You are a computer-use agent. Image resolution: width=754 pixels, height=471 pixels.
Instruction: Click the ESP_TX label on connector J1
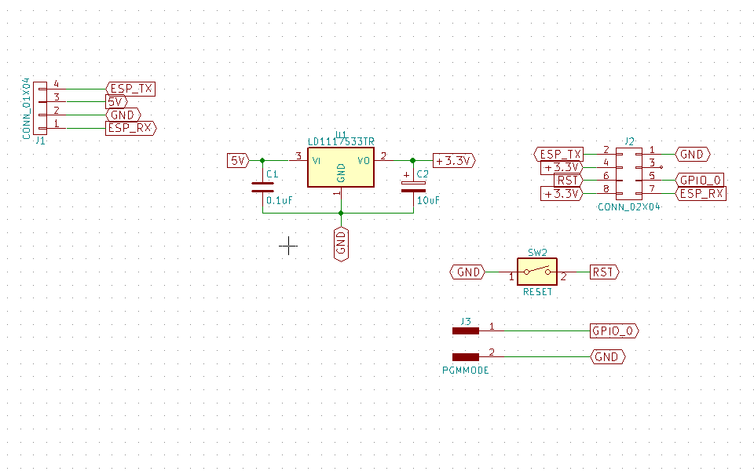click(x=130, y=89)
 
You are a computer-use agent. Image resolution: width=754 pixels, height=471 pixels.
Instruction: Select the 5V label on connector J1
click(x=115, y=102)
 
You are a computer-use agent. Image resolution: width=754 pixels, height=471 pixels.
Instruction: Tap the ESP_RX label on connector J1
click(x=130, y=127)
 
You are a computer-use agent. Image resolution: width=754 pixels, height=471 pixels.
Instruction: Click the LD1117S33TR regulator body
click(x=340, y=170)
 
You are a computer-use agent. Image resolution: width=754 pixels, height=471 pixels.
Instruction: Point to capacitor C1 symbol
click(x=262, y=187)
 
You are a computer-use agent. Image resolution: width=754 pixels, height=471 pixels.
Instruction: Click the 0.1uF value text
click(x=280, y=201)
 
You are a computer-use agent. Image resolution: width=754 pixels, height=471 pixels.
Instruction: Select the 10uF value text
click(x=428, y=201)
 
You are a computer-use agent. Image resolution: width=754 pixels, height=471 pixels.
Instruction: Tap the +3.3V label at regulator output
click(x=454, y=160)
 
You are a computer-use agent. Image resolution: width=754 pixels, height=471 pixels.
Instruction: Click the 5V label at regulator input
click(x=237, y=160)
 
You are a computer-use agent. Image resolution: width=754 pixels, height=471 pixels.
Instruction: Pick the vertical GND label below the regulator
click(x=340, y=243)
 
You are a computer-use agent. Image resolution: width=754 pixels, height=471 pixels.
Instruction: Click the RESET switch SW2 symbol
click(x=537, y=272)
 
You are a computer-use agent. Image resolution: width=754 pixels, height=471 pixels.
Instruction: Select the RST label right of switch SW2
click(x=603, y=272)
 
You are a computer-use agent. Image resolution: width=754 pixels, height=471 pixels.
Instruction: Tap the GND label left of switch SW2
click(x=468, y=272)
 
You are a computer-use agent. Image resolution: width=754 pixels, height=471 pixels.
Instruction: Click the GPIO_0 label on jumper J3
click(x=613, y=331)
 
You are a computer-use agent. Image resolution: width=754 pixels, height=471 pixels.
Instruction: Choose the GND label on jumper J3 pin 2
click(x=607, y=356)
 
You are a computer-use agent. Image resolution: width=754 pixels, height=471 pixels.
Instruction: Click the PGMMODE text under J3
click(x=466, y=370)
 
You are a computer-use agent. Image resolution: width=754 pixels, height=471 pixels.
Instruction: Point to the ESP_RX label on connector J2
click(x=701, y=193)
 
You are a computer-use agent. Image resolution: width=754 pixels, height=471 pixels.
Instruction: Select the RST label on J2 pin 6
click(x=569, y=181)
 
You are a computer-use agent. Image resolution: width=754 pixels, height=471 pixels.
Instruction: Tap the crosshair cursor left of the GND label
click(x=288, y=246)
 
